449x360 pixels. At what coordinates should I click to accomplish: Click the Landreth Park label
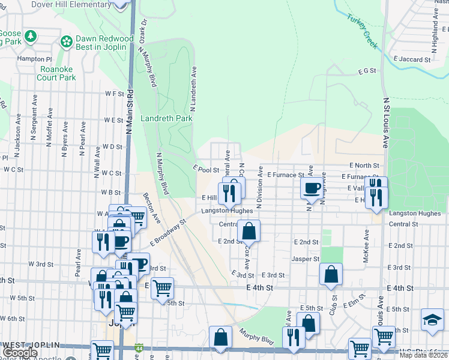click(x=166, y=119)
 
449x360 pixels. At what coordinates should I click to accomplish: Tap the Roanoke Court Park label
click(x=56, y=73)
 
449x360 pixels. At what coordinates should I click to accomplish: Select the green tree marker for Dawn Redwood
click(x=66, y=41)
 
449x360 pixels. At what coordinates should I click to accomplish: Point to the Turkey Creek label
click(x=360, y=26)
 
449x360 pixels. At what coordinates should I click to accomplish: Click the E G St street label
click(x=366, y=71)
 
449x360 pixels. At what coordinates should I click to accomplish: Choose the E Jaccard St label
click(x=412, y=60)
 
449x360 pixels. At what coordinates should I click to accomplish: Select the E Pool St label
click(x=206, y=170)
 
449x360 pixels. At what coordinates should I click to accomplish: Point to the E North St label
click(x=364, y=165)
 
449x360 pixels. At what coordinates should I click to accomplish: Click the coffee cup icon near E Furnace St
click(x=312, y=188)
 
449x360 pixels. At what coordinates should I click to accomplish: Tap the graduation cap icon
click(x=432, y=319)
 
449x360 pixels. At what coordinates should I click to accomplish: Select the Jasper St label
click(x=306, y=259)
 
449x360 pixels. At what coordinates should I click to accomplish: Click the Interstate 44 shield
click(x=140, y=348)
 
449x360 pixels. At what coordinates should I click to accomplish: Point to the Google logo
click(x=20, y=353)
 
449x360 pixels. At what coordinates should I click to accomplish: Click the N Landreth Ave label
click(x=194, y=89)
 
